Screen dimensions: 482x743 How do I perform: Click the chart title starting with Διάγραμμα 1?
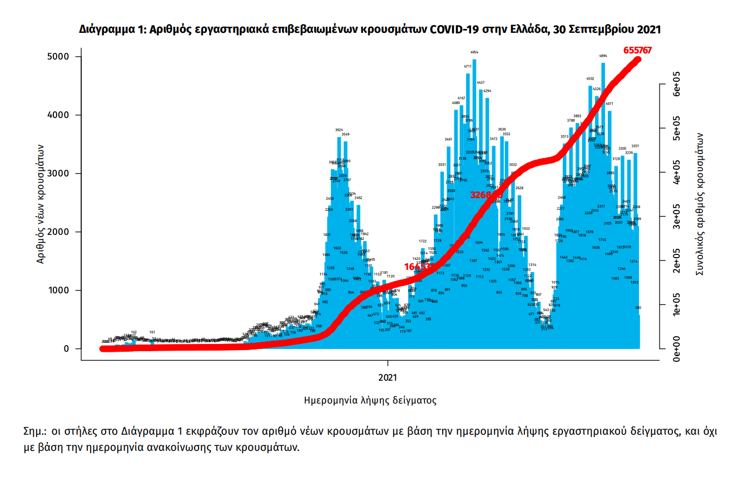tap(370, 29)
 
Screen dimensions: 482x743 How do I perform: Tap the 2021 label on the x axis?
tap(387, 377)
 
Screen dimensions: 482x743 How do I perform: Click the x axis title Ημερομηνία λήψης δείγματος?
tap(370, 400)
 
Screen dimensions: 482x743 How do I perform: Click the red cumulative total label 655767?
tap(637, 50)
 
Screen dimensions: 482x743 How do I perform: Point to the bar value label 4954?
tap(474, 52)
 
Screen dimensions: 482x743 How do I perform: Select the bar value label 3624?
tap(339, 130)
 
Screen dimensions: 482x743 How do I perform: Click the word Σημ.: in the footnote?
tap(35, 431)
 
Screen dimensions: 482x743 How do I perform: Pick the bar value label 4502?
tap(590, 79)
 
